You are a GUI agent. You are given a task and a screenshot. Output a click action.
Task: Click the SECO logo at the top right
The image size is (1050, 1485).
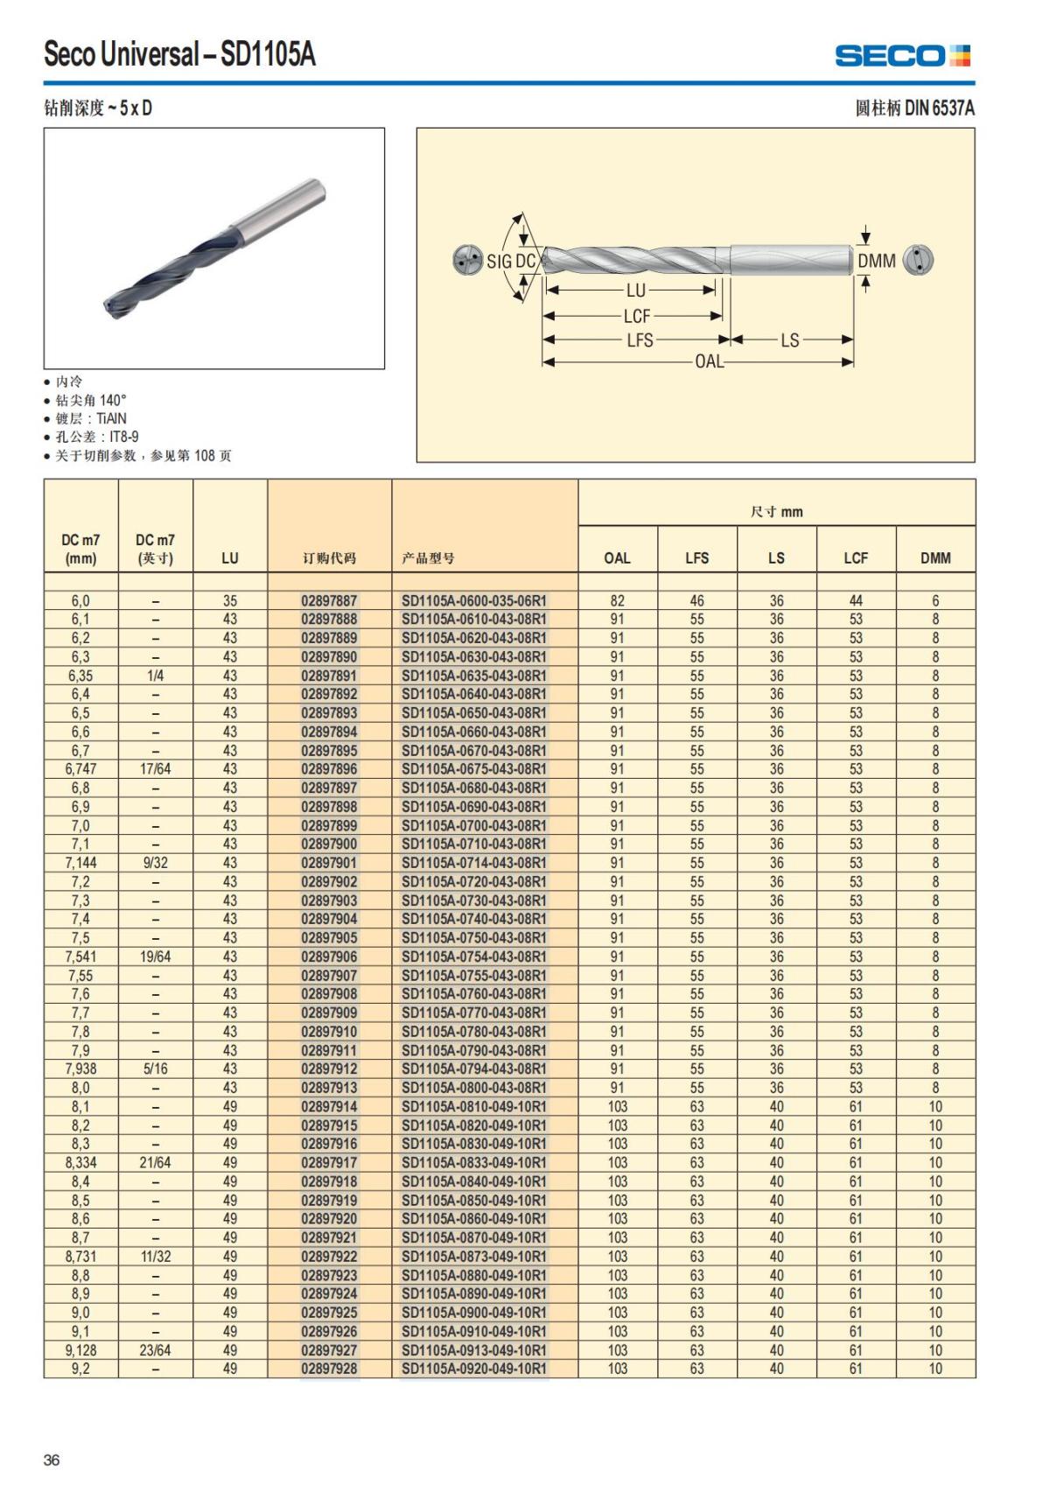[902, 56]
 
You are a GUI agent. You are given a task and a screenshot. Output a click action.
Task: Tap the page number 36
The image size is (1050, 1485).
[52, 1460]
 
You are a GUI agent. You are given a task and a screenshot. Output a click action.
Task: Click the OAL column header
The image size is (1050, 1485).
[617, 557]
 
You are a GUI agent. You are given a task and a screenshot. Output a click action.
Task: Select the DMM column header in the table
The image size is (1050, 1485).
[934, 557]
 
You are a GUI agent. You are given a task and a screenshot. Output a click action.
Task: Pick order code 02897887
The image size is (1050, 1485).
[329, 601]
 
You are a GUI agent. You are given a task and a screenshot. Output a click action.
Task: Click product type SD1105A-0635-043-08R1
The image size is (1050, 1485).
[473, 676]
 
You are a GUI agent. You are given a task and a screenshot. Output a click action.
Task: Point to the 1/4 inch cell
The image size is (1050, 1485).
[155, 676]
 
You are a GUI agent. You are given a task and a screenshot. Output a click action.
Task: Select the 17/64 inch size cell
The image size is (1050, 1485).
[155, 769]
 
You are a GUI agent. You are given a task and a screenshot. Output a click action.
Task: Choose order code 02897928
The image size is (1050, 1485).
[329, 1369]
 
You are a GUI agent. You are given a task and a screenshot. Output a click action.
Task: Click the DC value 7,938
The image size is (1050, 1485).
[80, 1068]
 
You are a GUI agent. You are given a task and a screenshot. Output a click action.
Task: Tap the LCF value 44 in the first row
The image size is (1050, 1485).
[856, 601]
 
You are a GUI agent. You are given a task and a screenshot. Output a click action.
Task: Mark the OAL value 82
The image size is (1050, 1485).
[617, 601]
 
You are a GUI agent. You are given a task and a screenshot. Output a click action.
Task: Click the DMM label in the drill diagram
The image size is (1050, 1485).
[876, 261]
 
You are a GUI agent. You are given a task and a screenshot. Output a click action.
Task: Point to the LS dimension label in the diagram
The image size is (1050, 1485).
[789, 340]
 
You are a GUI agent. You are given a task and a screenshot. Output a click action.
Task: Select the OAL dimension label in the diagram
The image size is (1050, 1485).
[709, 361]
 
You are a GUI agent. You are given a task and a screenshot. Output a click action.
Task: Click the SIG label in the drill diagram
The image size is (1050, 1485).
[499, 262]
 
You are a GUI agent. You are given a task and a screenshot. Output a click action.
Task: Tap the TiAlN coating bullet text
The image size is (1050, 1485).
[105, 418]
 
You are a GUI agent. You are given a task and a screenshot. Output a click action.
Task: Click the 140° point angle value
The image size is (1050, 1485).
[113, 400]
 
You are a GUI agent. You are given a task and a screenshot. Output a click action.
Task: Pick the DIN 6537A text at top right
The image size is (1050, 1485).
[939, 109]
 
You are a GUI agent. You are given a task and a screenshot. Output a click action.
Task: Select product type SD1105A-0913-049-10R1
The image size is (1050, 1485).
[473, 1350]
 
